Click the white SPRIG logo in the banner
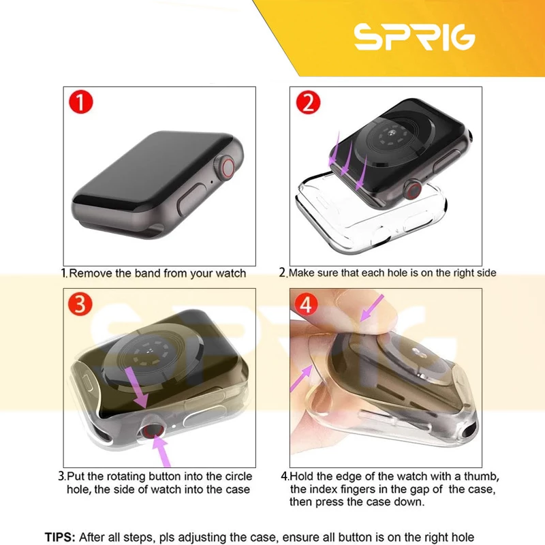[x=414, y=37]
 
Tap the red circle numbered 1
[x=81, y=102]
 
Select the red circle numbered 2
[x=308, y=102]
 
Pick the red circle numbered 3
[x=80, y=304]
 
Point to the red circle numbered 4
[x=306, y=304]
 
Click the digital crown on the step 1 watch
[x=226, y=168]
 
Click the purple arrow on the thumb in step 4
[x=371, y=308]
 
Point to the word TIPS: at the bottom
[x=60, y=537]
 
